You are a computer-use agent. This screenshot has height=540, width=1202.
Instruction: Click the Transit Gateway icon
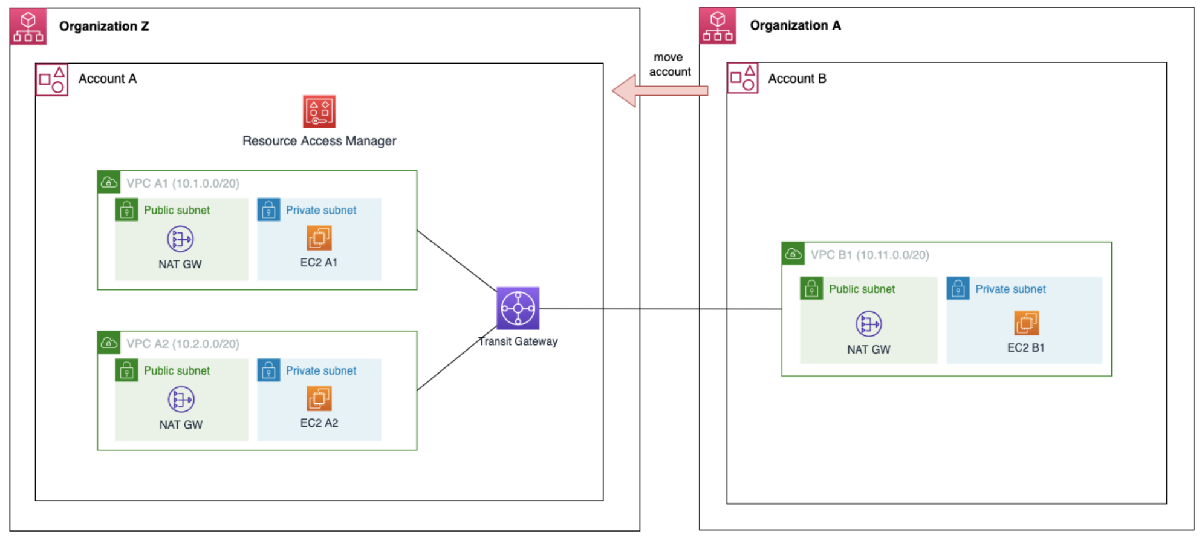(x=518, y=308)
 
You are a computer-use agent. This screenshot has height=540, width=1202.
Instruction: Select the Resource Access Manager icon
(x=319, y=111)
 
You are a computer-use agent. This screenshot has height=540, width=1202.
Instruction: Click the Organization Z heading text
(x=103, y=26)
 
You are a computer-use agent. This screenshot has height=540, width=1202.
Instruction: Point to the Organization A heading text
(x=794, y=25)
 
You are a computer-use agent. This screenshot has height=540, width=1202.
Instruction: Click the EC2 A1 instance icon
(x=319, y=238)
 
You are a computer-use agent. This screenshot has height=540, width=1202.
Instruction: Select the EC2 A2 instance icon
(x=319, y=398)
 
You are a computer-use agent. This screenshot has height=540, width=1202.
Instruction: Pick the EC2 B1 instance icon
(x=1025, y=323)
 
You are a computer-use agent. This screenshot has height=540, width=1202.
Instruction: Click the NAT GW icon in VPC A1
(x=180, y=239)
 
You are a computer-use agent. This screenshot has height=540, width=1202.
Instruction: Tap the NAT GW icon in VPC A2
(x=181, y=400)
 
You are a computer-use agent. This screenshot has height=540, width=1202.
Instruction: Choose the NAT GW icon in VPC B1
(x=868, y=324)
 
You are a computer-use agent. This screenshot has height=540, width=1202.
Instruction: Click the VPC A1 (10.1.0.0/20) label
(x=183, y=183)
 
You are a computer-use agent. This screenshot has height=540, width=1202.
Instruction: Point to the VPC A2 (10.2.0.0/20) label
(x=183, y=344)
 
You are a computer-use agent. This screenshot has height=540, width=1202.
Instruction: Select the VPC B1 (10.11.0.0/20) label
(x=869, y=255)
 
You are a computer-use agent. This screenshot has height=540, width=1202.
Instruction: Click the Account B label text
(x=796, y=79)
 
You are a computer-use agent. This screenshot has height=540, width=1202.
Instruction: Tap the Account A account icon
(x=51, y=79)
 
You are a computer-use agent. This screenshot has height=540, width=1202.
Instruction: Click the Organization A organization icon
(x=717, y=26)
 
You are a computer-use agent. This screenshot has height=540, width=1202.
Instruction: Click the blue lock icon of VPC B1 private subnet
(x=958, y=289)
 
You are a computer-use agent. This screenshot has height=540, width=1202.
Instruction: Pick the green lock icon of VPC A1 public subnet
(x=126, y=210)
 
